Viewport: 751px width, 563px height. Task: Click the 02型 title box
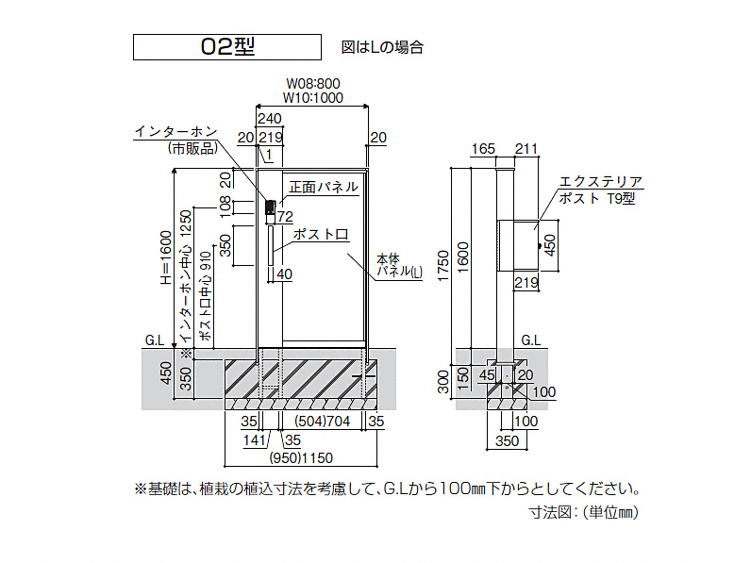[227, 47]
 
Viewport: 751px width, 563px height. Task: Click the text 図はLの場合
[382, 47]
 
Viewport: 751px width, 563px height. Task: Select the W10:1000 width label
[312, 98]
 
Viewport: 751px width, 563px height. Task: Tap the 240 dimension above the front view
[269, 118]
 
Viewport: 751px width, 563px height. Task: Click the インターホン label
[176, 131]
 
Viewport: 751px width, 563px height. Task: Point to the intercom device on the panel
[271, 211]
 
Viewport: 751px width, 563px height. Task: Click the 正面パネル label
[324, 187]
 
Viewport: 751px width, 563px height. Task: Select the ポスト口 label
[321, 234]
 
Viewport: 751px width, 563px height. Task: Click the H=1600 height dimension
[166, 257]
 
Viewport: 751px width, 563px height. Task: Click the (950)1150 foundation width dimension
[301, 458]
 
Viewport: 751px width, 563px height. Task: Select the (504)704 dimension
[323, 422]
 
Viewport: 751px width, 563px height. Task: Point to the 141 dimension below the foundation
[255, 440]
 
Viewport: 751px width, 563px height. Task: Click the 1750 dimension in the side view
[443, 266]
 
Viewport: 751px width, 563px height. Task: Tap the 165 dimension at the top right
[483, 149]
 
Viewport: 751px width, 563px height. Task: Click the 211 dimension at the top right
[526, 149]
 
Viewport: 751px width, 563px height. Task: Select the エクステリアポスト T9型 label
[600, 190]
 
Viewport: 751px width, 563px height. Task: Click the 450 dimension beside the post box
[550, 245]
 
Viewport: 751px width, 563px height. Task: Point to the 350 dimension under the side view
[507, 440]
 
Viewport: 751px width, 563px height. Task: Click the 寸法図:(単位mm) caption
[584, 512]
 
